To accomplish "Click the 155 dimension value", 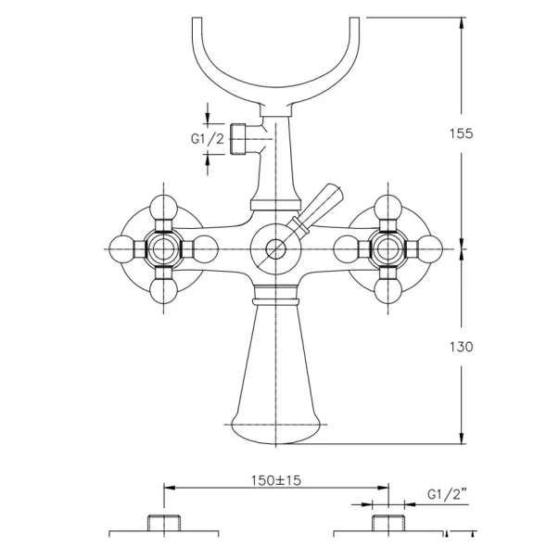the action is coord(461,133).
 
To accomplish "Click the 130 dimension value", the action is coord(461,347).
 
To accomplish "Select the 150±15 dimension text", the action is coord(276,480).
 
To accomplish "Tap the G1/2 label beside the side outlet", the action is coord(208,139).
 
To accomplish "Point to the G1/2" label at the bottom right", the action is coord(447,494).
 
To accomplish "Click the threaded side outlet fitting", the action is coord(238,139).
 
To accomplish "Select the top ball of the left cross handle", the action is coord(164,209).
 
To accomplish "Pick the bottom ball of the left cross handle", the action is coord(164,290).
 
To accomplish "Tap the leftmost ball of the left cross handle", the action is coord(122,249).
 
